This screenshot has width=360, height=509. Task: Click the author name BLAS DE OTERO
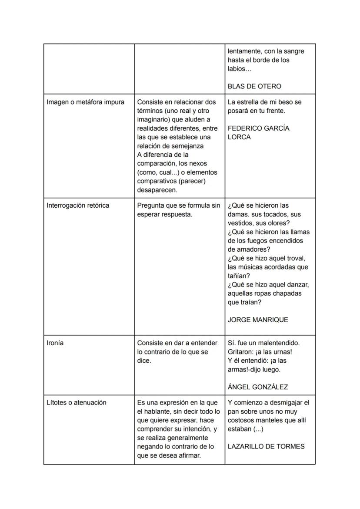254,86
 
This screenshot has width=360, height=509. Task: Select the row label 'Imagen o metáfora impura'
85,102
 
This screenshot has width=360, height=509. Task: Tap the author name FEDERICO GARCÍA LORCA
258,132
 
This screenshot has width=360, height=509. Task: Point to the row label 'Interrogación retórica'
78,205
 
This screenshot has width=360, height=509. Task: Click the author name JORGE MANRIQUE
258,320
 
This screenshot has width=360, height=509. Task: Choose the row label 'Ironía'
55,343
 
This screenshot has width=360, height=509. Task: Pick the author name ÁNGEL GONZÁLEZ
258,387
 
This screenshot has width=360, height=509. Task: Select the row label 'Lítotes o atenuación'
77,402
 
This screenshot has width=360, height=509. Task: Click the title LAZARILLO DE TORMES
266,446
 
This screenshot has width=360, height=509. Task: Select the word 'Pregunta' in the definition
151,205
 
